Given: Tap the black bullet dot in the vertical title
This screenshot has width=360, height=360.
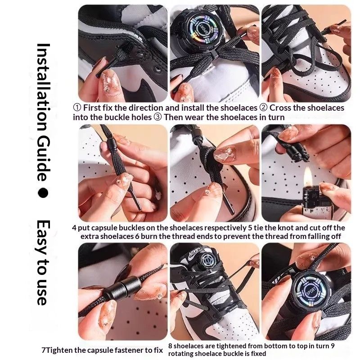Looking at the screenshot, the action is [43, 193].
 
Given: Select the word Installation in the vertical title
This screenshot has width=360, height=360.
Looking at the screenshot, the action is [43, 86].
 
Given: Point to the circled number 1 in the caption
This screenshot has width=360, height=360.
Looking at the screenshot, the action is [77, 108].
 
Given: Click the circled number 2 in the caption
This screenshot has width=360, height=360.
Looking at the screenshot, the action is [264, 108].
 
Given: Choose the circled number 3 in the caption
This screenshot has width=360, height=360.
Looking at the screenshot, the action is [157, 117].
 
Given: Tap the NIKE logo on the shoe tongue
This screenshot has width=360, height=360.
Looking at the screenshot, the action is [194, 254].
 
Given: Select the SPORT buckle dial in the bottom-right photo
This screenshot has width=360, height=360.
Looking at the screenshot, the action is [311, 291].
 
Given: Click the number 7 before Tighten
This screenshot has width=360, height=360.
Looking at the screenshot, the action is [44, 350].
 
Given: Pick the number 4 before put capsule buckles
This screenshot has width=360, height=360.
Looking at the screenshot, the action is [74, 228].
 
